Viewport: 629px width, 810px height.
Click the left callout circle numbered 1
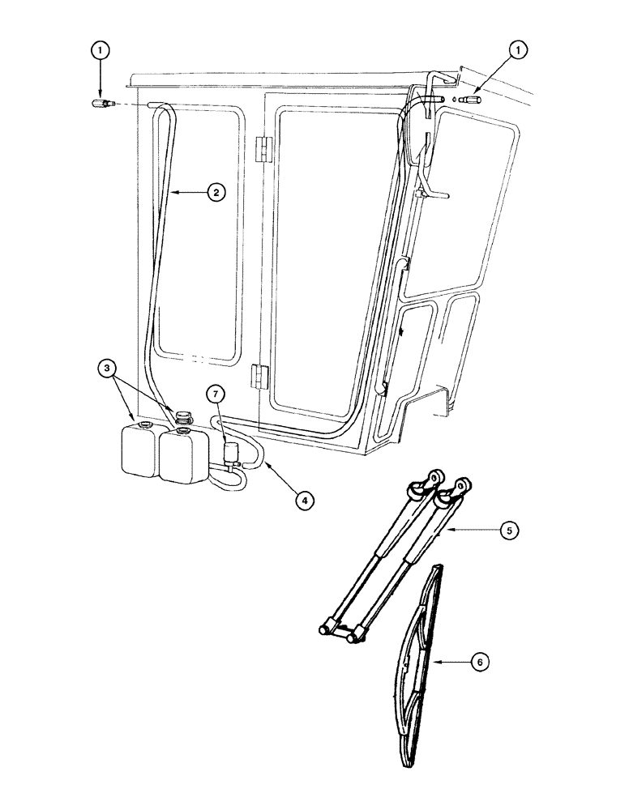(x=100, y=49)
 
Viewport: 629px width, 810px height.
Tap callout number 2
(x=214, y=192)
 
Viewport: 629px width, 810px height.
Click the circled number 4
(x=303, y=501)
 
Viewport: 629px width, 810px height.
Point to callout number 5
(x=508, y=531)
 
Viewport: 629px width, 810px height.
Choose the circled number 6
(x=479, y=662)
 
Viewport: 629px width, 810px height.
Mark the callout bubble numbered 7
(x=214, y=394)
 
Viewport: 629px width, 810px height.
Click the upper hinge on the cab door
(x=262, y=149)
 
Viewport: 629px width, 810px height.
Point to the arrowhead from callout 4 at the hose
(x=263, y=467)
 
